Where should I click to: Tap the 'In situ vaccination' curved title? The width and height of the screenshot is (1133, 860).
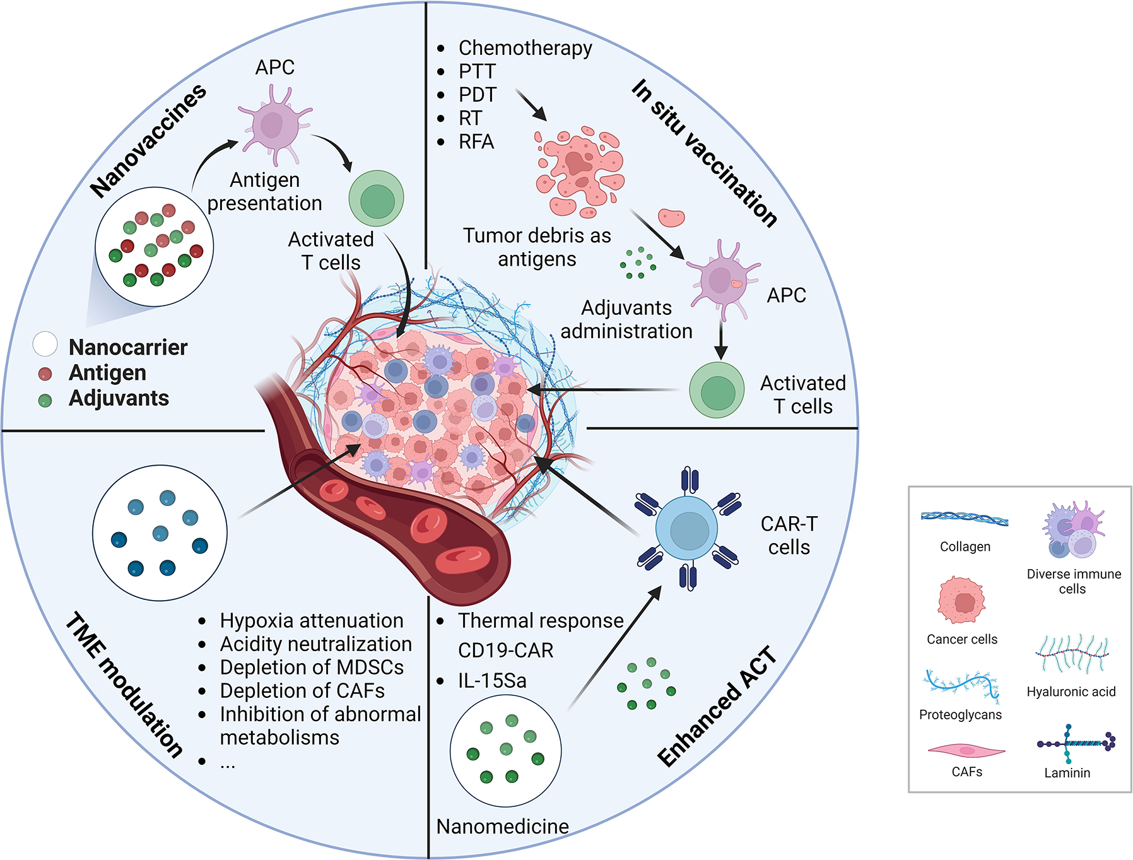[704, 152]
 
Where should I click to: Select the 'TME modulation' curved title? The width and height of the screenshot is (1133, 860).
[124, 685]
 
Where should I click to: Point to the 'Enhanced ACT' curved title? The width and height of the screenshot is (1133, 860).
[717, 707]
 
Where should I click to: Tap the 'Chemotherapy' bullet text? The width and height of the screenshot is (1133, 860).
[525, 48]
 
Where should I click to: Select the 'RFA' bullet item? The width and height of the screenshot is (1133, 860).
[476, 142]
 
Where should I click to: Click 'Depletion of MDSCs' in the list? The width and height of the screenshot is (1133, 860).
[312, 668]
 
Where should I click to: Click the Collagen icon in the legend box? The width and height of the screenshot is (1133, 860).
[964, 519]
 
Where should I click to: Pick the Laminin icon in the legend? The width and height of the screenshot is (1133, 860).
[1076, 744]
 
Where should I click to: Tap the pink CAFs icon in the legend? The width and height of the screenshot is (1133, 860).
[966, 751]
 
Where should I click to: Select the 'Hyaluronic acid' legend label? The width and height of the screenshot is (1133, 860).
[1071, 692]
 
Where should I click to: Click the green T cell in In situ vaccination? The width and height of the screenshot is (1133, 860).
[717, 390]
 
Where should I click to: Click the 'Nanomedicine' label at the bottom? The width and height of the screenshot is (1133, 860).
[502, 827]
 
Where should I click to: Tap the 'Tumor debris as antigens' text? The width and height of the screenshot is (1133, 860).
[537, 247]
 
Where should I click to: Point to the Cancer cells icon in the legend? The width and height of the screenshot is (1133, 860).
[961, 600]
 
